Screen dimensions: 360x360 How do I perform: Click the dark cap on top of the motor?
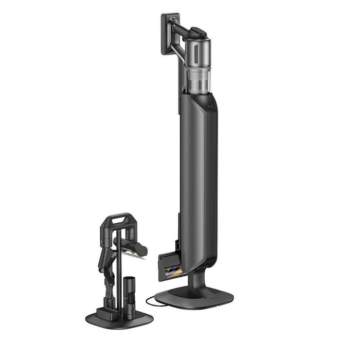(199, 34)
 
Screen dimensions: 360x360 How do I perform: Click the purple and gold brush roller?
(173, 269)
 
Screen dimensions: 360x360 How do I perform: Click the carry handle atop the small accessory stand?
(118, 219)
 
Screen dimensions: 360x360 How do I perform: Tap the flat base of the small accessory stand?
(119, 319)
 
